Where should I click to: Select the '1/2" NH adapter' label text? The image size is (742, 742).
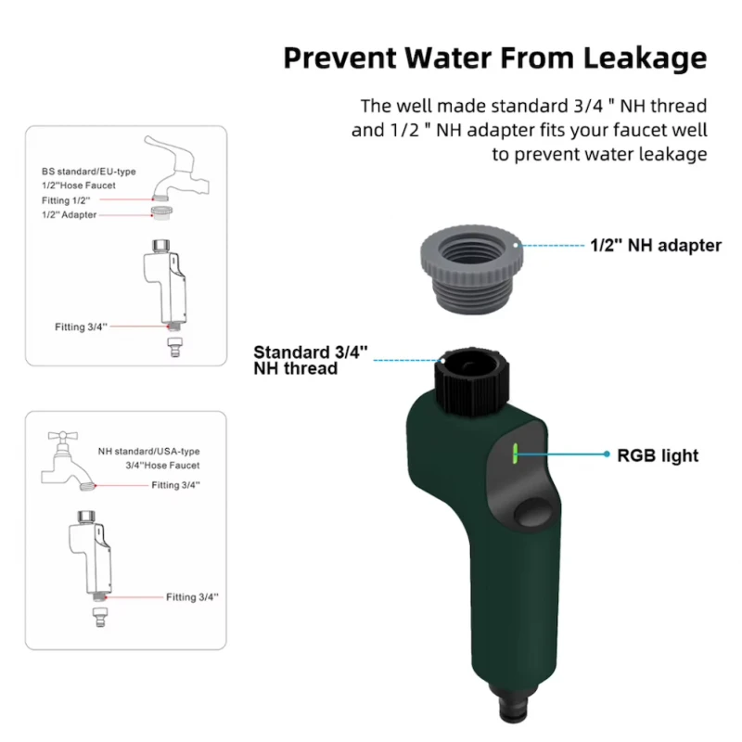click(656, 246)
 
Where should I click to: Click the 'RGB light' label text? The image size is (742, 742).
click(658, 455)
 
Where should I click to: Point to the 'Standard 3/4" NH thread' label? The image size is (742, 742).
click(310, 360)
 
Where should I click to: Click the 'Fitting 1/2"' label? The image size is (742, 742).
click(66, 199)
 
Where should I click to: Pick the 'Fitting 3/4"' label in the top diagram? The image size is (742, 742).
click(81, 326)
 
